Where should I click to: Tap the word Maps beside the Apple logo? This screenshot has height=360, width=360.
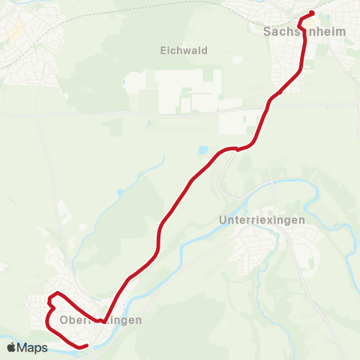[x=32, y=347]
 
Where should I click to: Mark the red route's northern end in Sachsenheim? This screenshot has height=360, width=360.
[x=311, y=13]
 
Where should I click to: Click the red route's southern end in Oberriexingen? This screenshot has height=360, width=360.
[x=86, y=345]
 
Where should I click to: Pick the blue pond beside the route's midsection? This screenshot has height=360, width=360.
[x=202, y=150]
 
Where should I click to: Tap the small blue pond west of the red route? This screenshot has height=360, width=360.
[x=120, y=193]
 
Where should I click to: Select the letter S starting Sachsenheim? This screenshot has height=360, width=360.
[x=267, y=32]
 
